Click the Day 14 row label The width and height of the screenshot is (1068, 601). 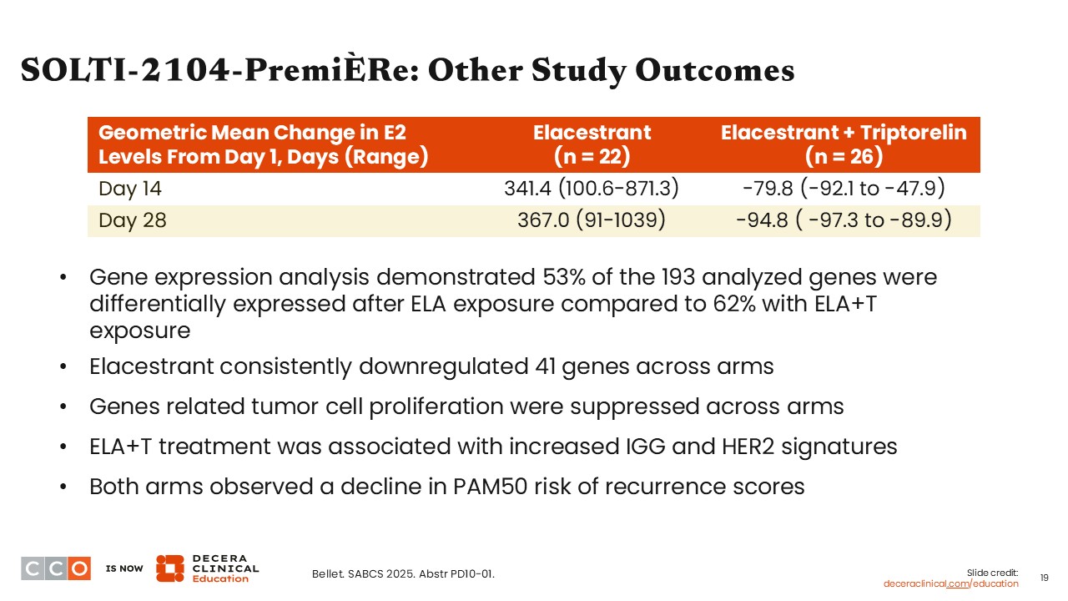click(x=129, y=189)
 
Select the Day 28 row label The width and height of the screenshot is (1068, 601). click(x=133, y=220)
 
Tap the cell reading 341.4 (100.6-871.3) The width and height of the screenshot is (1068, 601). click(x=592, y=188)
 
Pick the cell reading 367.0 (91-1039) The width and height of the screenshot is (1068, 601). click(x=592, y=220)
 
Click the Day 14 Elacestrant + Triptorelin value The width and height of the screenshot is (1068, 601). click(x=844, y=188)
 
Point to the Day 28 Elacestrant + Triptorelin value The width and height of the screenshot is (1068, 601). click(x=844, y=220)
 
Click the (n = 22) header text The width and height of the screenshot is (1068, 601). click(x=592, y=156)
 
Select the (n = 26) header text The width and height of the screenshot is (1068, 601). click(x=844, y=156)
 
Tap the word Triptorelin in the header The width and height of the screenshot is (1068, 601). click(x=913, y=133)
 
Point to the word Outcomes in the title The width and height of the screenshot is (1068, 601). click(x=715, y=71)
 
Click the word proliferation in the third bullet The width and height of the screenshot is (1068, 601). click(x=436, y=407)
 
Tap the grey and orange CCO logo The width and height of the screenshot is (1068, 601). click(x=56, y=568)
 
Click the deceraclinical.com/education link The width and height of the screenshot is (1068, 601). click(x=950, y=583)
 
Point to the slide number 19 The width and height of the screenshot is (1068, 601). click(x=1044, y=578)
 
